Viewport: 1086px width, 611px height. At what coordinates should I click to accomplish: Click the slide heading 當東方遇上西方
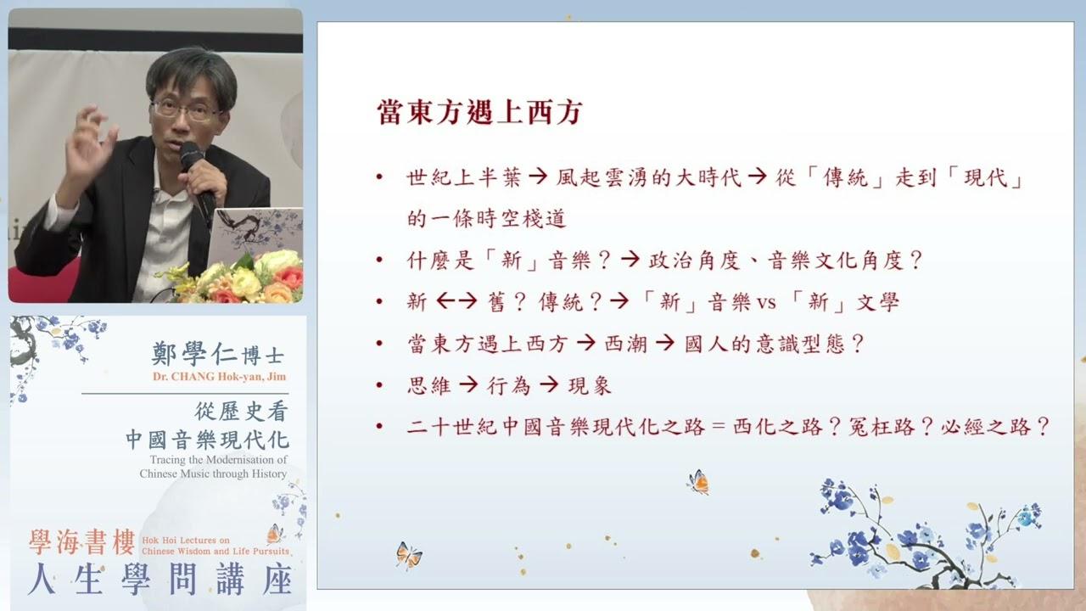click(479, 112)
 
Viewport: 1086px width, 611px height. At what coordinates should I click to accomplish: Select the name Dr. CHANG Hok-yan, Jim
click(219, 377)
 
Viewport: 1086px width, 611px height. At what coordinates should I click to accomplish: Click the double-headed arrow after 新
click(456, 301)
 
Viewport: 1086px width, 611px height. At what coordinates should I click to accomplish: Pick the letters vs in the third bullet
click(766, 303)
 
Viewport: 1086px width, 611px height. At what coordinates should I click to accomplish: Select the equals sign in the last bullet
click(719, 427)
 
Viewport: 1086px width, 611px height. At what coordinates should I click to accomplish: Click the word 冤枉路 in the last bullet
click(881, 427)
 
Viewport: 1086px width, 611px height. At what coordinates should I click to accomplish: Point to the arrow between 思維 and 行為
click(469, 385)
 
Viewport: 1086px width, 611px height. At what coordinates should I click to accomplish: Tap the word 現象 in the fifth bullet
click(590, 385)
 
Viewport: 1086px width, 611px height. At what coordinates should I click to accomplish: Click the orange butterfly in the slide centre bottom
click(698, 482)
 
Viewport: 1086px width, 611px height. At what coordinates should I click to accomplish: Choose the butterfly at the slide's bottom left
click(409, 556)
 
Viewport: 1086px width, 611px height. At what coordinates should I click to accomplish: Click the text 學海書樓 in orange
click(82, 542)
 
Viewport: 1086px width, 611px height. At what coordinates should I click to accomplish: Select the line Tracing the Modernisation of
click(218, 460)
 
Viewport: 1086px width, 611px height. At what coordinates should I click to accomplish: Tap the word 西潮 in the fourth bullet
click(626, 344)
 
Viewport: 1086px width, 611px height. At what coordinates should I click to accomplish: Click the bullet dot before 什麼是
click(379, 261)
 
